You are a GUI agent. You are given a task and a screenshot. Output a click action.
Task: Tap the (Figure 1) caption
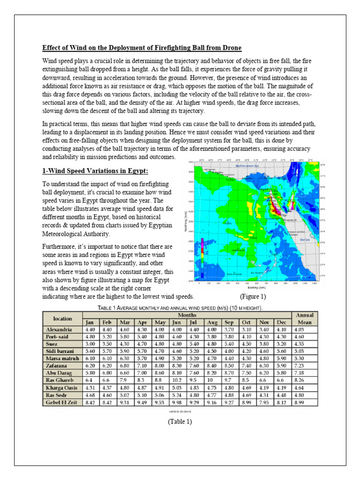pyautogui.click(x=253, y=297)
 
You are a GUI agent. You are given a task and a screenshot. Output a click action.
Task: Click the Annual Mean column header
pyautogui.click(x=305, y=319)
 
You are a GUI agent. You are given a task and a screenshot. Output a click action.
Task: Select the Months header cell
pyautogui.click(x=187, y=315)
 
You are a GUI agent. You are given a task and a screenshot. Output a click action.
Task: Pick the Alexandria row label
pyautogui.click(x=59, y=330)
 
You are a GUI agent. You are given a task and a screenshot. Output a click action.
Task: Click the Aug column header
pyautogui.click(x=212, y=322)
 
